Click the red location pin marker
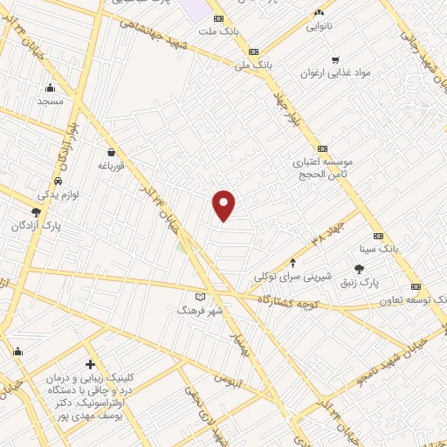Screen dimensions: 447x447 [x=224, y=205]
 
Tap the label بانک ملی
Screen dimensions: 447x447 [x=254, y=65]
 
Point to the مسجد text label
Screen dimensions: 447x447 [x=51, y=101]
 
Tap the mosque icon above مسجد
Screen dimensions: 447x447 [x=50, y=86]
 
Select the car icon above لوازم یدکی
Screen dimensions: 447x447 [x=58, y=181]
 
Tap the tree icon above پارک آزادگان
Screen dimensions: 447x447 [x=36, y=211]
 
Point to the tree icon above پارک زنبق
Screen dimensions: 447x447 [x=359, y=269]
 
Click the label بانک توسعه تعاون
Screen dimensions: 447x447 [x=414, y=300]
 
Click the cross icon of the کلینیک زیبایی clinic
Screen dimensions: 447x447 [x=90, y=364]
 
